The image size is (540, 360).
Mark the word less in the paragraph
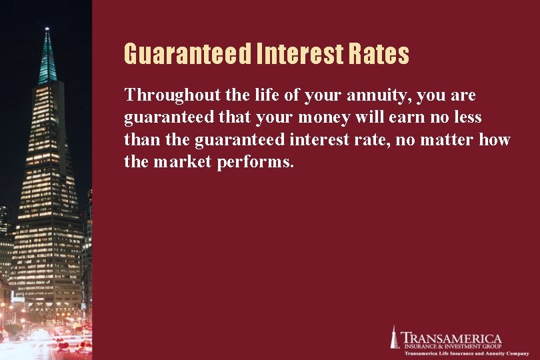(x=464, y=117)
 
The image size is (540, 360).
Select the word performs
(x=255, y=162)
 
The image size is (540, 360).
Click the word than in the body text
(x=139, y=139)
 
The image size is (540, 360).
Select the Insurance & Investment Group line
(x=451, y=345)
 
